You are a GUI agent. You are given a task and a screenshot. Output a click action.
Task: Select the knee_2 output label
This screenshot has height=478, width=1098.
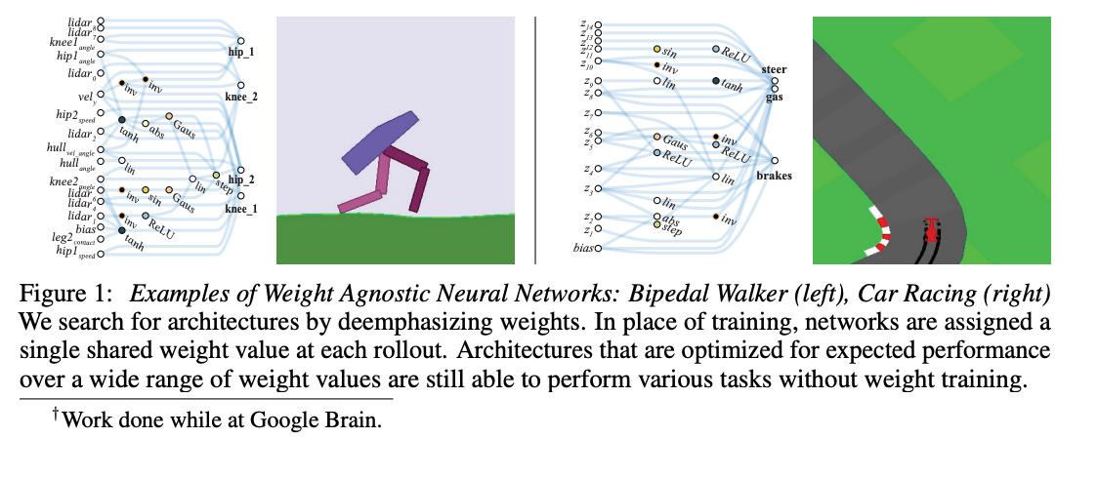pyautogui.click(x=240, y=99)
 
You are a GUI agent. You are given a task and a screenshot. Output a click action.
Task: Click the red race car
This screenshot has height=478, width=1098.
pyautogui.click(x=932, y=231)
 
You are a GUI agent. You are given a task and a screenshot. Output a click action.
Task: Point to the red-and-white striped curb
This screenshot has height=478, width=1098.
pyautogui.click(x=877, y=235)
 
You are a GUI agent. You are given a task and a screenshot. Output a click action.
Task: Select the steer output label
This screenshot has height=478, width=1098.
pyautogui.click(x=774, y=70)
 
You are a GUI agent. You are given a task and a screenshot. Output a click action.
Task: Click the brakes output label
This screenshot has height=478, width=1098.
pyautogui.click(x=773, y=177)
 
